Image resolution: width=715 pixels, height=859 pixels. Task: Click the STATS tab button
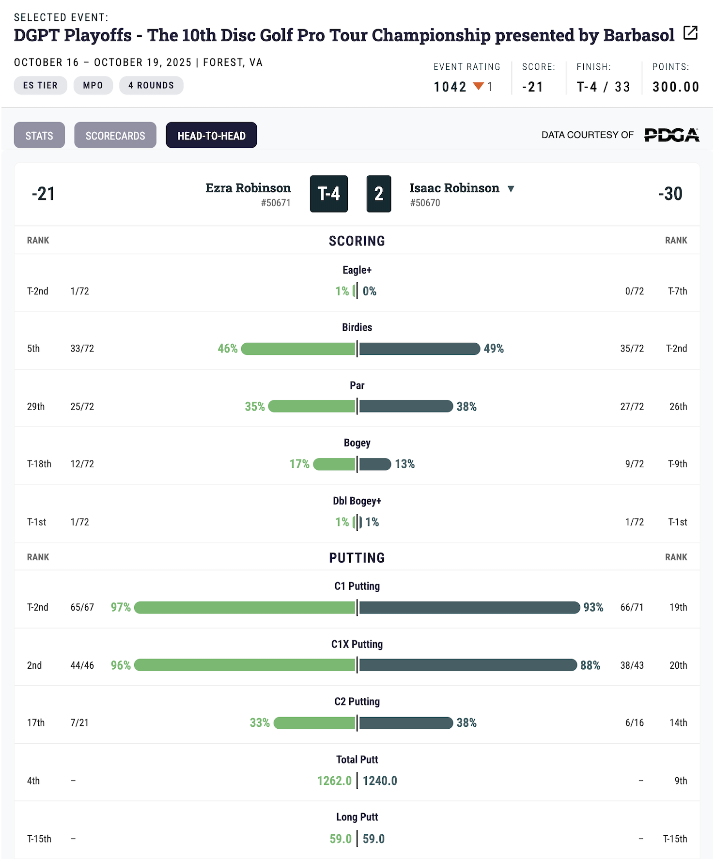coord(39,136)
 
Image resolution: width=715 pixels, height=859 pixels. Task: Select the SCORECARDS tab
coord(115,136)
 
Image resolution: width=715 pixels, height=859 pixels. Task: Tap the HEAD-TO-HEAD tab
coord(211,136)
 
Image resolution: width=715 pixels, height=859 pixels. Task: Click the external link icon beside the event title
coord(690,33)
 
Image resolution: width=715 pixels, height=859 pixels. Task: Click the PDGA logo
coord(671,135)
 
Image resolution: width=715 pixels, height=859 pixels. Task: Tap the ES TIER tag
coord(40,85)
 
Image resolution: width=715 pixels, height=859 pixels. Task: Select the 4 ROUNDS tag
coord(151,85)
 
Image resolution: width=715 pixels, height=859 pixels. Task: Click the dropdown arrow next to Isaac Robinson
coord(511,188)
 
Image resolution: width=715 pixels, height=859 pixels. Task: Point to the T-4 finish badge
coord(329,194)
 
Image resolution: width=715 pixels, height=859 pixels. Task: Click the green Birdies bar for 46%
coord(298,349)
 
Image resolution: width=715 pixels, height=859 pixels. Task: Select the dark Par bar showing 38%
coord(406,406)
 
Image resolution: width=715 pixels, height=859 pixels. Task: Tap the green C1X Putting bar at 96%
coord(245,665)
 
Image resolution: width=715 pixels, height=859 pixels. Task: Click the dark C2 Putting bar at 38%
coord(406,723)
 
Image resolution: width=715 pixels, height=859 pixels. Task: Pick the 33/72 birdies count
coord(82,349)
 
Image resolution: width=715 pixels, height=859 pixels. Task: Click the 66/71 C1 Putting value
coord(632,607)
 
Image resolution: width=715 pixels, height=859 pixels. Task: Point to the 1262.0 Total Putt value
coord(334,781)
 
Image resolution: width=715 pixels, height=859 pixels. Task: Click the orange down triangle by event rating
coord(478,86)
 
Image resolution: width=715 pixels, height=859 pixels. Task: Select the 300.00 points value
coord(675,87)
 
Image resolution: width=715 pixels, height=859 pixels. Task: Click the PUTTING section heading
coord(357,558)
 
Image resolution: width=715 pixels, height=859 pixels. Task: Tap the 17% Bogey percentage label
coord(299,464)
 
